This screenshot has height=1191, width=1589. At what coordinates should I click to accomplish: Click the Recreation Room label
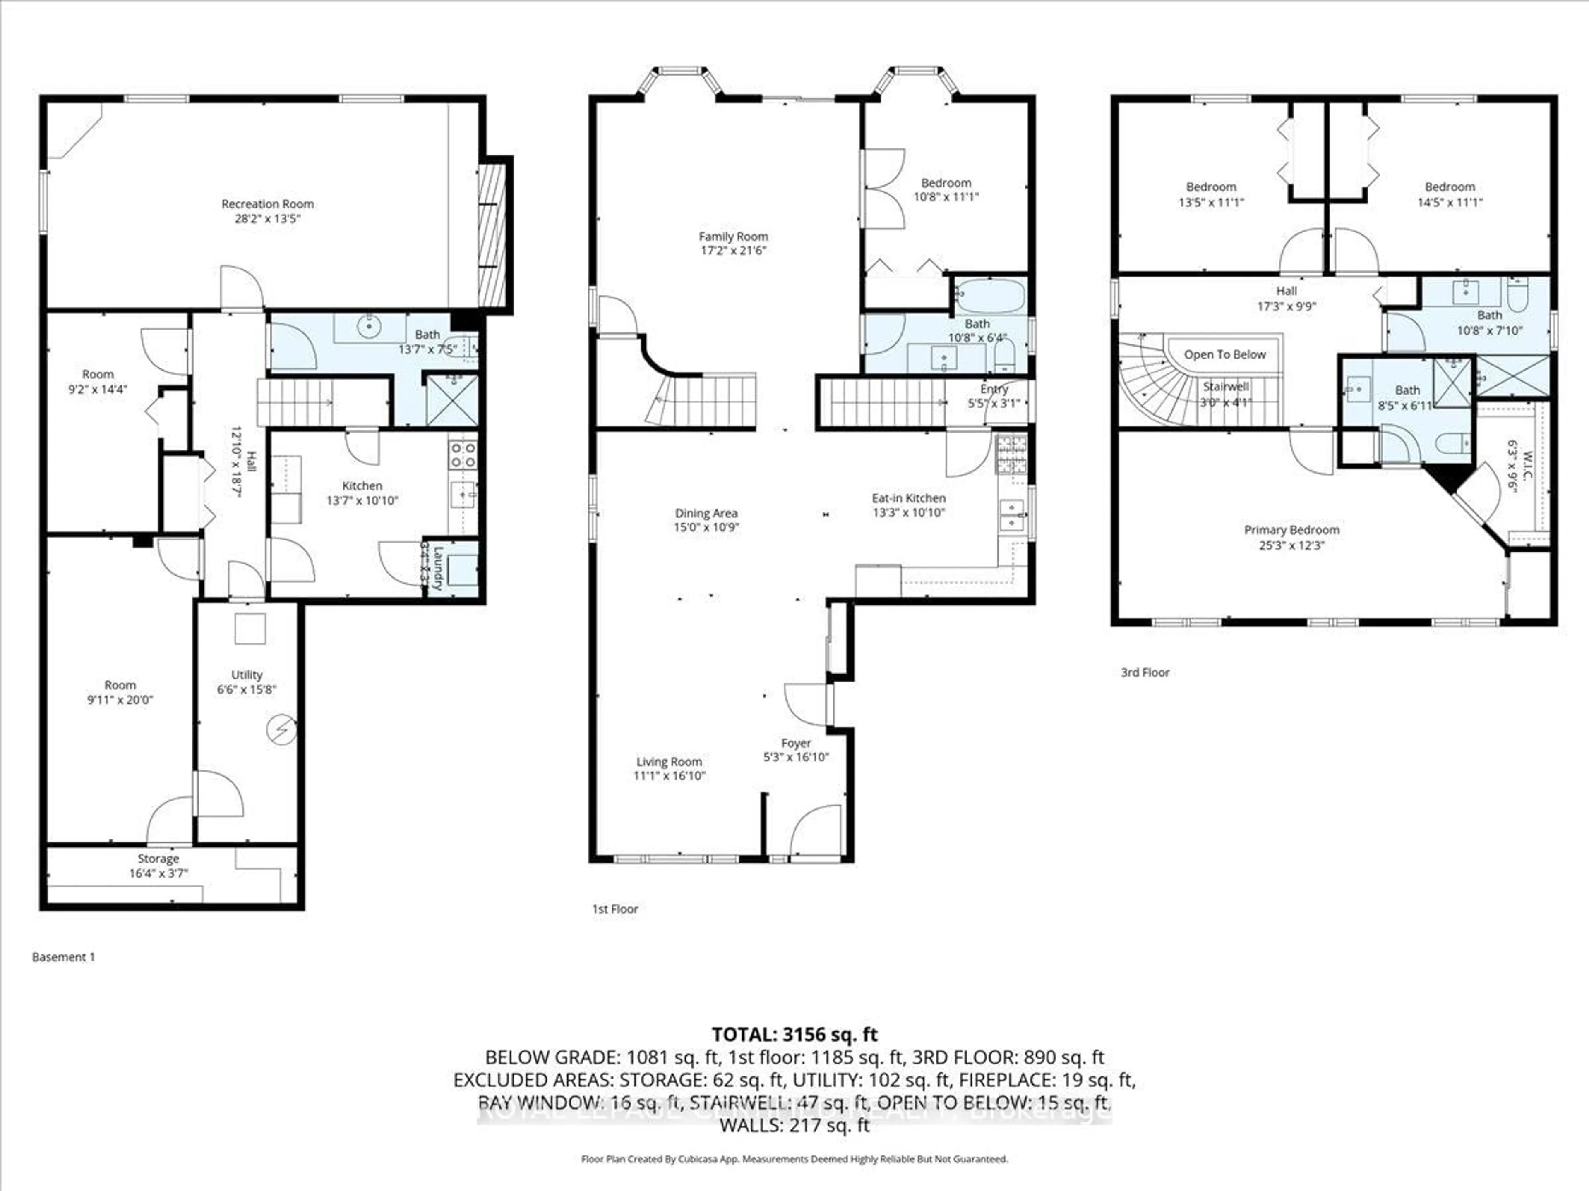pos(267,204)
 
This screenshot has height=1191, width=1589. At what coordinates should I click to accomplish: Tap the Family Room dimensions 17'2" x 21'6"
pos(733,251)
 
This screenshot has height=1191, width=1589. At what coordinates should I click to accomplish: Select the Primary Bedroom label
pos(1291,530)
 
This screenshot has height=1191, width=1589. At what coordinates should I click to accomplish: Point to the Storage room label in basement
pos(158,859)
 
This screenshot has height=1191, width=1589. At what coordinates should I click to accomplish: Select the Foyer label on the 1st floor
pos(796,743)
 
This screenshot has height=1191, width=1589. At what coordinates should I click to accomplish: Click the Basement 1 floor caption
pos(63,957)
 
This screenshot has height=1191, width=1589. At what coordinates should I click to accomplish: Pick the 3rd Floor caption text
pos(1145,673)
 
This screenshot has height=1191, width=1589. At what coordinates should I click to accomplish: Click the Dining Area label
pos(706,513)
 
